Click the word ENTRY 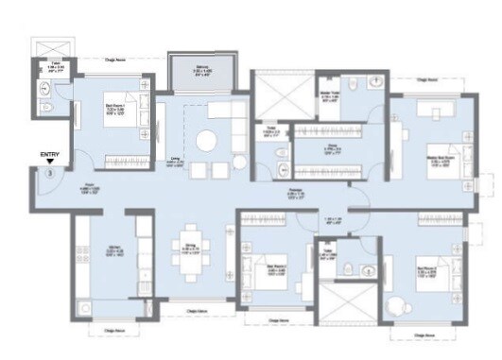tap(49, 153)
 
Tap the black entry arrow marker tap(49, 163)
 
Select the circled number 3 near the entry tap(49, 173)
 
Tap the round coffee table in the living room tap(206, 141)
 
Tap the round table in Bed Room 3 tap(395, 307)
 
